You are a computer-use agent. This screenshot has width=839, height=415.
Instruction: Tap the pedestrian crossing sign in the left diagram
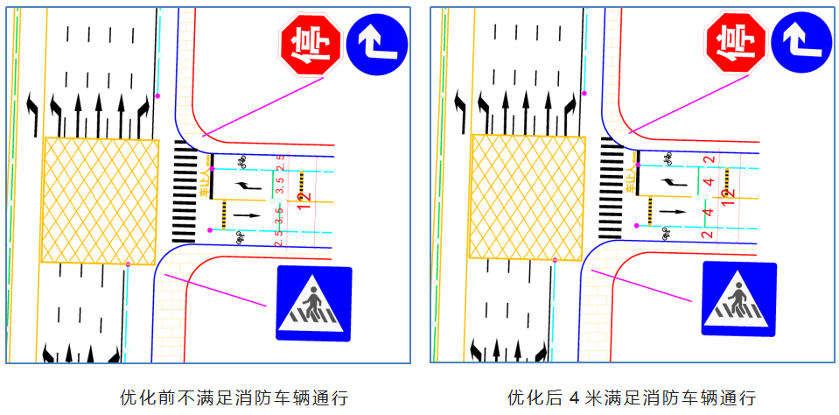coord(313,303)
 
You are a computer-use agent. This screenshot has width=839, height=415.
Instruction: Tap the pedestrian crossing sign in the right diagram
coord(738,299)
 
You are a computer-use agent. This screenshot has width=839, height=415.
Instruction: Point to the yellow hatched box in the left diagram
coord(101,200)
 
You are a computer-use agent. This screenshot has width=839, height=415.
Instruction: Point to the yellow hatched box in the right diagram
coord(527,198)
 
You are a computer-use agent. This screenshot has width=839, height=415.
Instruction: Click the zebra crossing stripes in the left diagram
coord(184,191)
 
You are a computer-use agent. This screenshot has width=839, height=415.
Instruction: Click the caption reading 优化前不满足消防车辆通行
coord(234,397)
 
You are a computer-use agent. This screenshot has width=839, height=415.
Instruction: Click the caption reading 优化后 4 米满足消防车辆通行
coord(632,397)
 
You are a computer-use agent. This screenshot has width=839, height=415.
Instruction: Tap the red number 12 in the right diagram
coord(727,197)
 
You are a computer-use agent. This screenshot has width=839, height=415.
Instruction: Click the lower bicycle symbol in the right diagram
coord(666,233)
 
